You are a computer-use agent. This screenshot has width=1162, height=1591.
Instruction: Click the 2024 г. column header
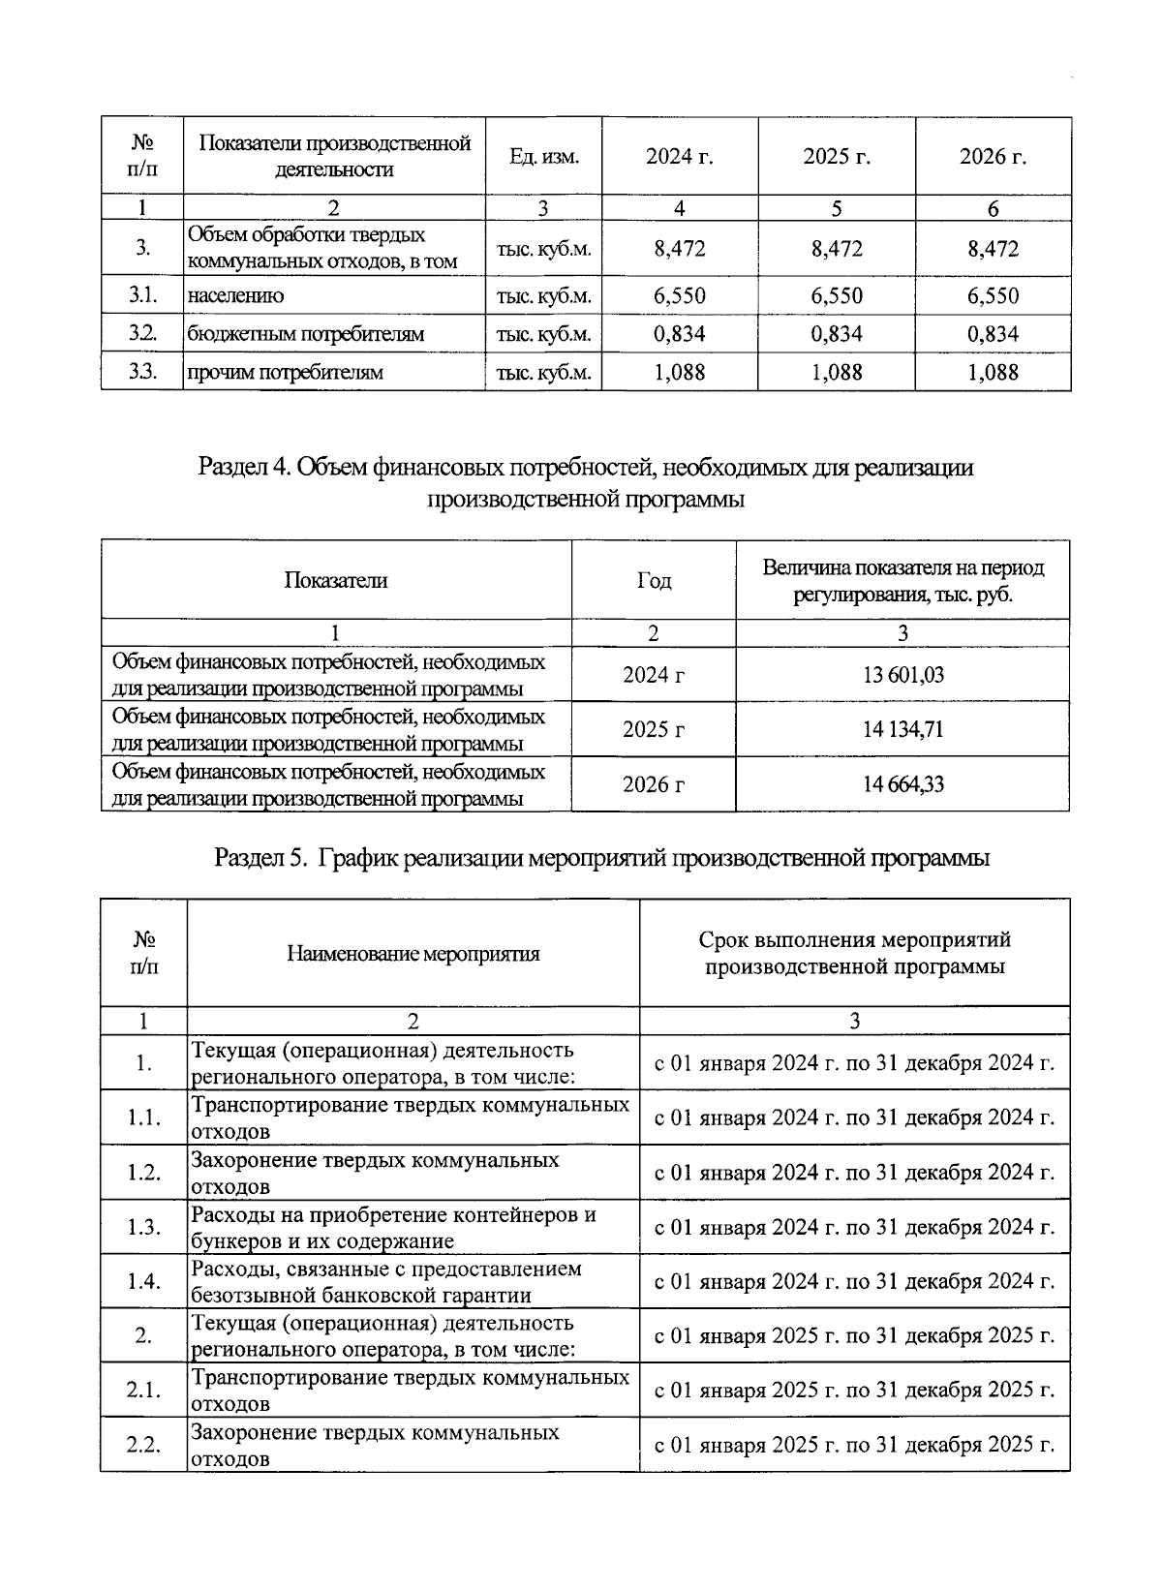679,157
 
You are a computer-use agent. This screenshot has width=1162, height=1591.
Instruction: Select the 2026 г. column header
993,157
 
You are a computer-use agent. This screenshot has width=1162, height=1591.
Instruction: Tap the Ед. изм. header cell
543,157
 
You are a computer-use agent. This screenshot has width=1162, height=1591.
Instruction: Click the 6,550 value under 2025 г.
837,296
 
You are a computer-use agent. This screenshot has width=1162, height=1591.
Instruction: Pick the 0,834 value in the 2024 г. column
679,334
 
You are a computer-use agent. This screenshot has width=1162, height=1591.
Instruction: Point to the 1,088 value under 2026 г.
993,372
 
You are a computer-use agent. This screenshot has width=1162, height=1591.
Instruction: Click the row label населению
235,296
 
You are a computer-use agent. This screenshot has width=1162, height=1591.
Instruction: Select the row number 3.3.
142,372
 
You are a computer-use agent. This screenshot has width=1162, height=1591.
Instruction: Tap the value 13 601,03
902,675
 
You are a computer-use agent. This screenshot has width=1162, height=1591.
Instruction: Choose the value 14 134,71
902,729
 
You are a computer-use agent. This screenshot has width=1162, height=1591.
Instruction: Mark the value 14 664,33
902,784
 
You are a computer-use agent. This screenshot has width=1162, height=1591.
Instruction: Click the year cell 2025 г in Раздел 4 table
654,729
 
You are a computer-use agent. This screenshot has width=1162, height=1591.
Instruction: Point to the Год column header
654,581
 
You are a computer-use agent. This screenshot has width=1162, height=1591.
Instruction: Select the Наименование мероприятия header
413,954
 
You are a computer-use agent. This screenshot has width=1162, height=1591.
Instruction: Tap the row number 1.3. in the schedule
143,1227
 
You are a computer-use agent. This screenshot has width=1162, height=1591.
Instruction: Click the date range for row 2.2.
854,1445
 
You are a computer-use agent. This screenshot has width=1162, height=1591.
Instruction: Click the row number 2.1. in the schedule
143,1391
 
